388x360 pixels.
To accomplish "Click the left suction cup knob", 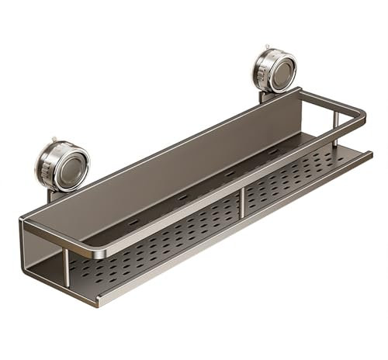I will click(62, 165).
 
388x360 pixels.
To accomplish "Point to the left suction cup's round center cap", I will click(69, 166).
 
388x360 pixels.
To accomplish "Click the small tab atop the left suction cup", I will click(54, 141).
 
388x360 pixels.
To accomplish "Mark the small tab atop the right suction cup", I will click(266, 47).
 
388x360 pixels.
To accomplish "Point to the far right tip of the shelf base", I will click(370, 153).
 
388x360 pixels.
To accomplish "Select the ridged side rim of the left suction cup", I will click(43, 166).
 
